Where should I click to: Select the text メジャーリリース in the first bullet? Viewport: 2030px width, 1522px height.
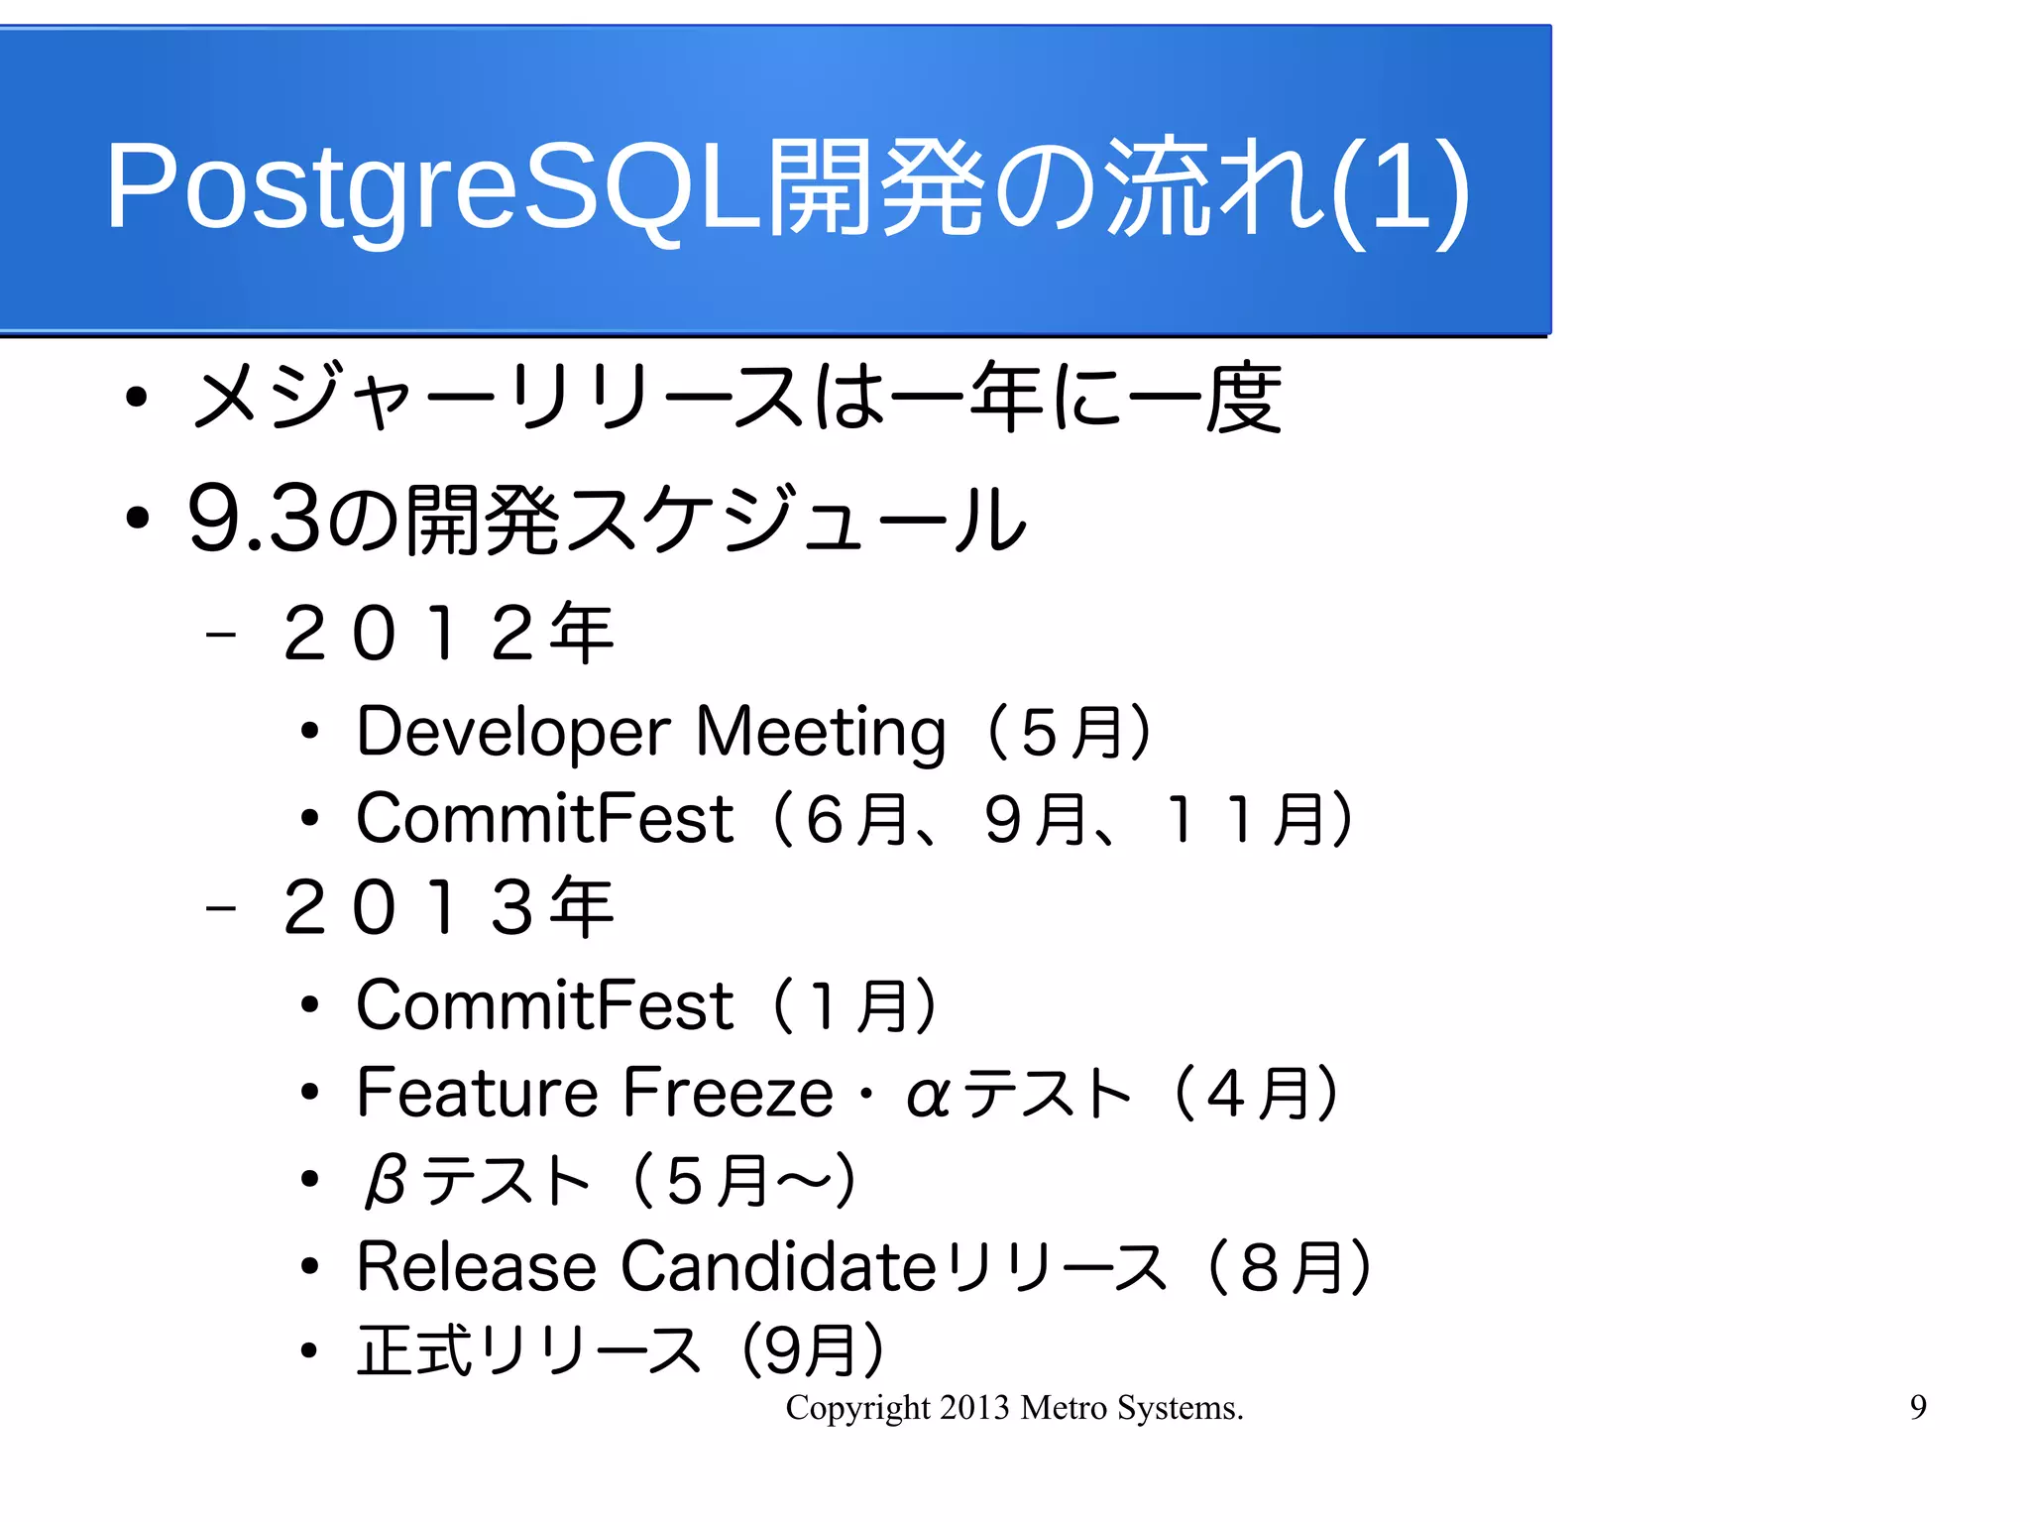click(496, 398)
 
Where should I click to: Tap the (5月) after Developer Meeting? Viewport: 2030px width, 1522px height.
click(1071, 733)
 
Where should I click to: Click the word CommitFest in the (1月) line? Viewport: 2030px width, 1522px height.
click(544, 1005)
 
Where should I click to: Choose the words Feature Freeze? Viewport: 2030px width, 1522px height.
click(595, 1093)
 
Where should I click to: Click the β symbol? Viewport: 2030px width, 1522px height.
click(385, 1181)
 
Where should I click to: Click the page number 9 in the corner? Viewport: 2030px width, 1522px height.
click(1918, 1407)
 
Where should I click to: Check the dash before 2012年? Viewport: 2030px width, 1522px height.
click(220, 634)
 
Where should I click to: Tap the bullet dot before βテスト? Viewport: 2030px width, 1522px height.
click(310, 1180)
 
